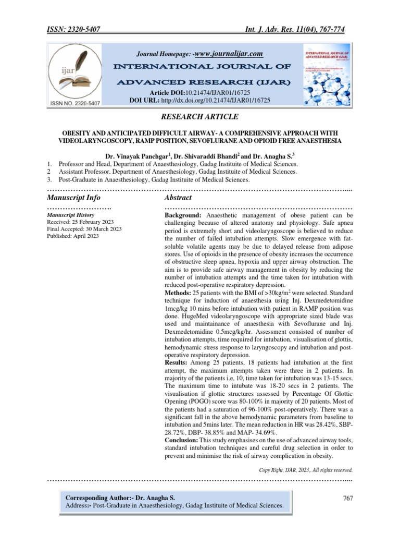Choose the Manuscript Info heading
[73, 198]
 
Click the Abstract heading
[178, 198]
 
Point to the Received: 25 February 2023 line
[81, 221]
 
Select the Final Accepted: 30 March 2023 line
[84, 228]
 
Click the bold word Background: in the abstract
[184, 215]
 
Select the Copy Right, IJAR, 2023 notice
[306, 470]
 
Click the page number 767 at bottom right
[348, 498]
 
